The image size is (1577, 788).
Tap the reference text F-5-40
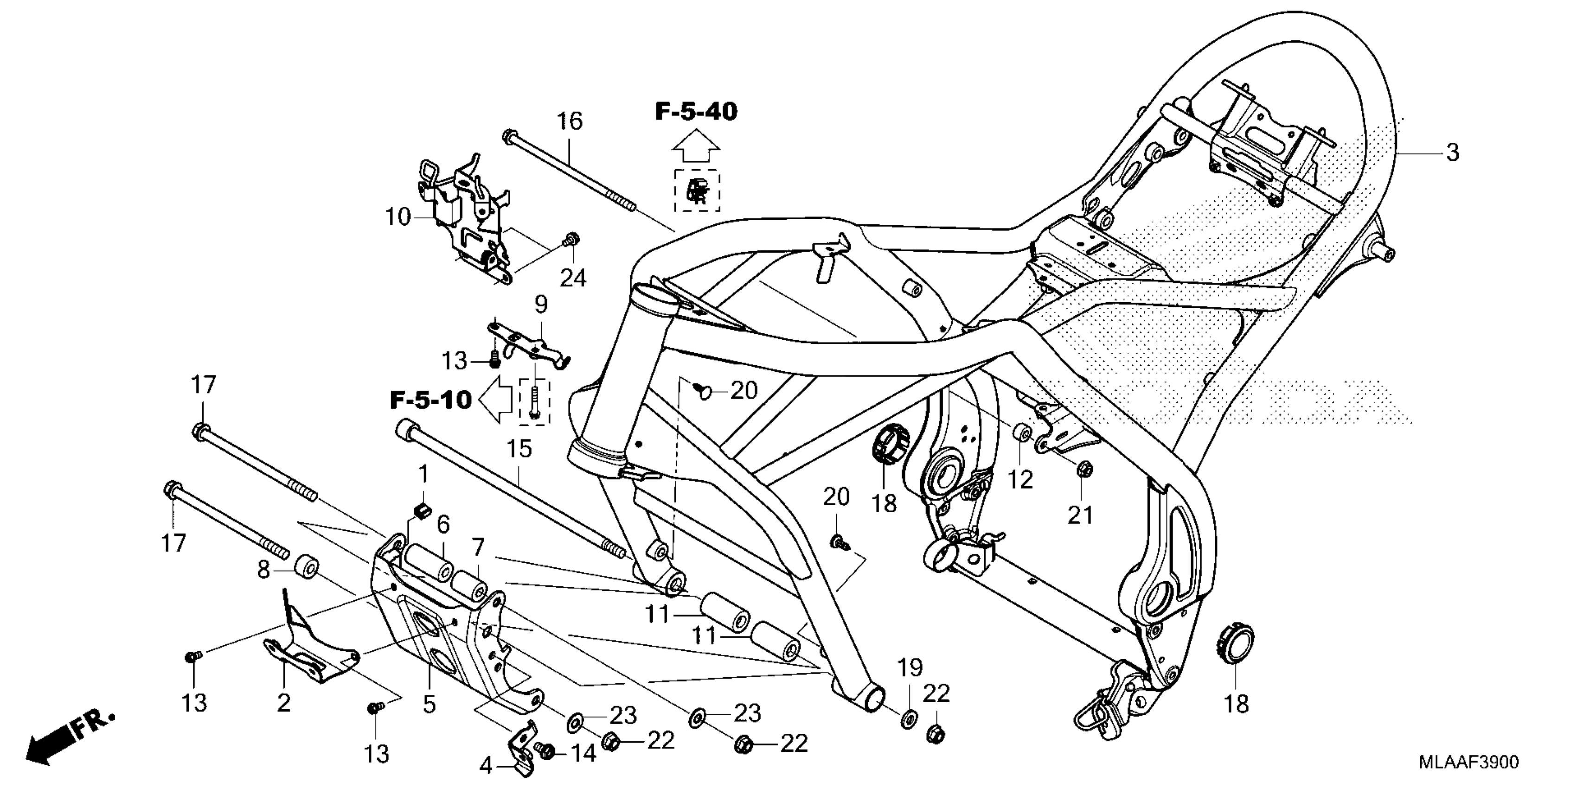coord(696,112)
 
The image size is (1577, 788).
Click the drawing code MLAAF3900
coord(1468,763)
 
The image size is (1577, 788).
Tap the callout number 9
coord(540,304)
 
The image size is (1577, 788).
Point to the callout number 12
coord(1020,480)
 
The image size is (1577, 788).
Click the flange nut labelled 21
coord(1082,469)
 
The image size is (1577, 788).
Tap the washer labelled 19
coord(909,717)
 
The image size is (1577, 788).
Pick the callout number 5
coord(430,704)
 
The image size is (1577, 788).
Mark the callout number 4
coord(486,765)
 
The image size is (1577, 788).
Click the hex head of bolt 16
coord(507,136)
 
